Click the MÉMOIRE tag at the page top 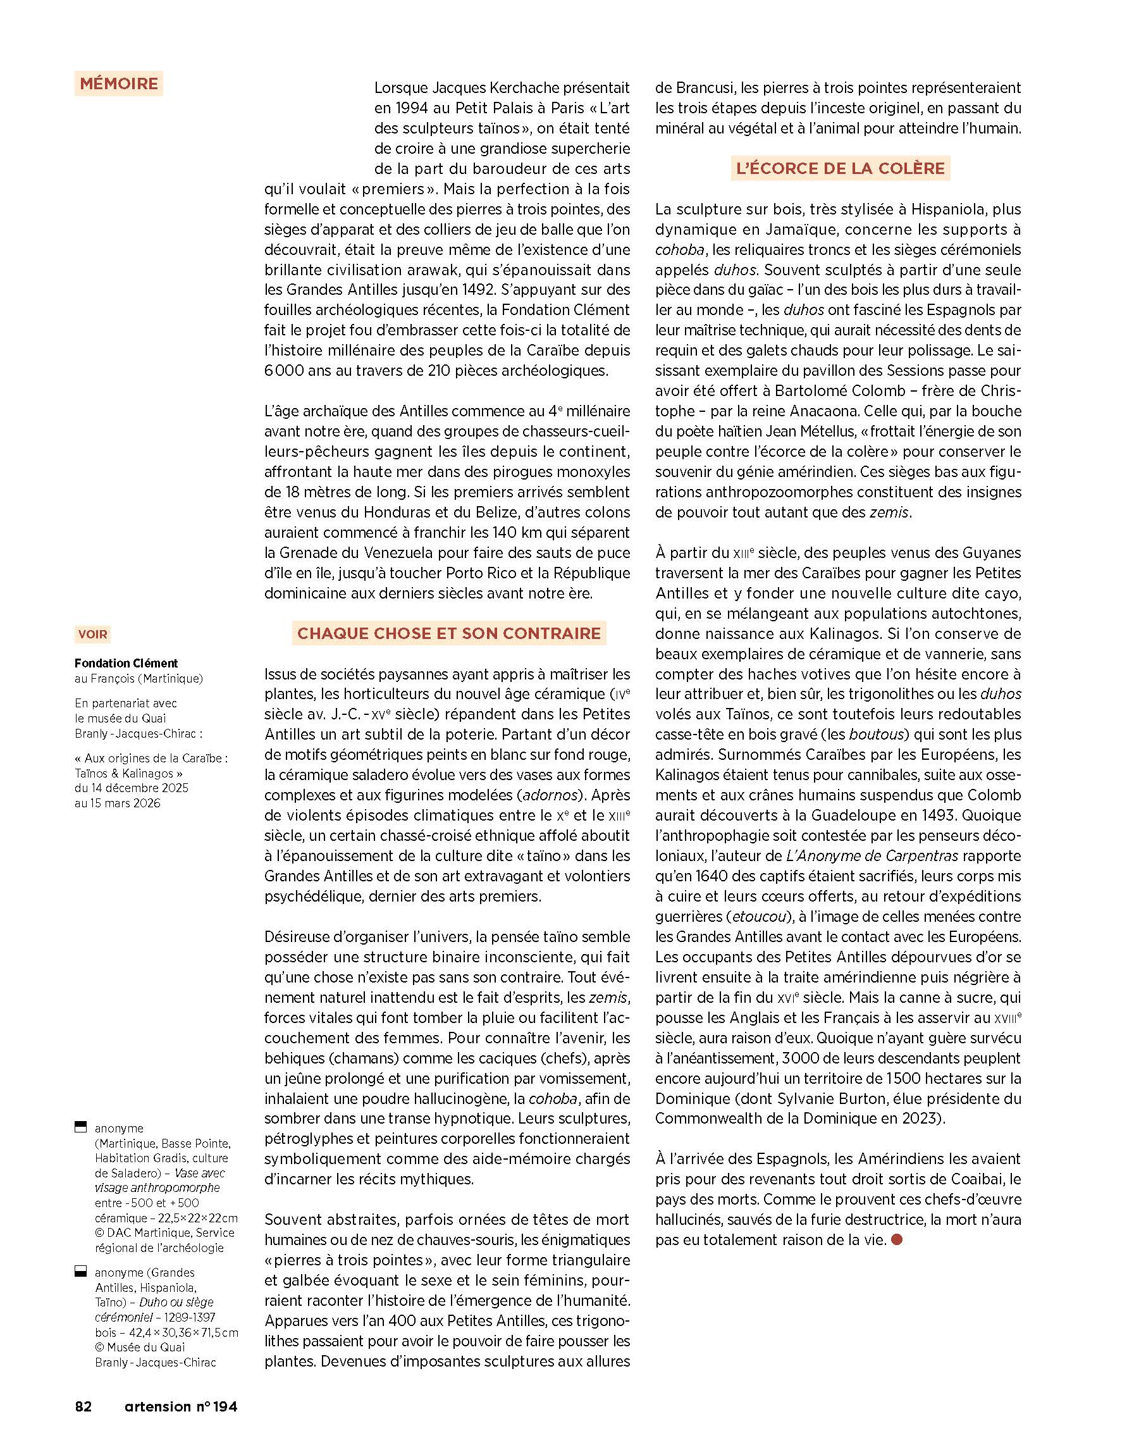[x=119, y=84]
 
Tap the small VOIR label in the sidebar [x=92, y=634]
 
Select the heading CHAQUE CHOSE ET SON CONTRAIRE [x=448, y=633]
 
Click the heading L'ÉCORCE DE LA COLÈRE [x=840, y=168]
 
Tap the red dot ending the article [x=897, y=1240]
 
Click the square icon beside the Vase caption [x=80, y=1127]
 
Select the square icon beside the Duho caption [x=80, y=1272]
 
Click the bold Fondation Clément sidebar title [x=126, y=663]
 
